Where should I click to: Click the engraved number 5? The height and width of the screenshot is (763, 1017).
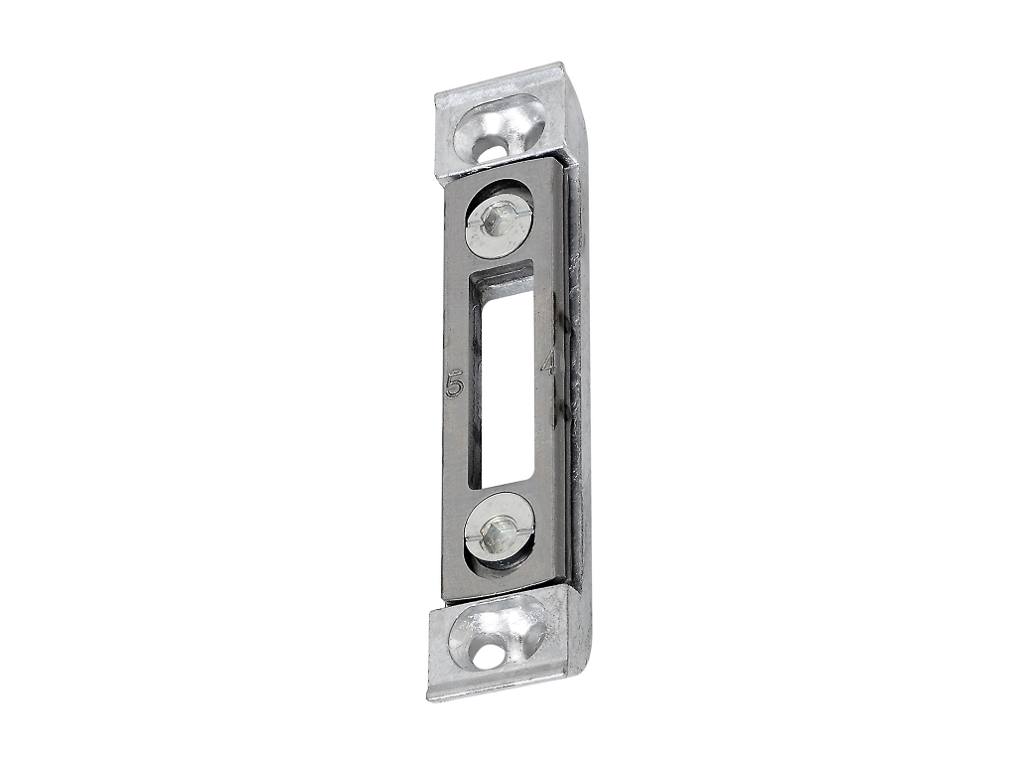(455, 386)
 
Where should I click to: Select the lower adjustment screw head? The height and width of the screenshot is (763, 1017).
(499, 528)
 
